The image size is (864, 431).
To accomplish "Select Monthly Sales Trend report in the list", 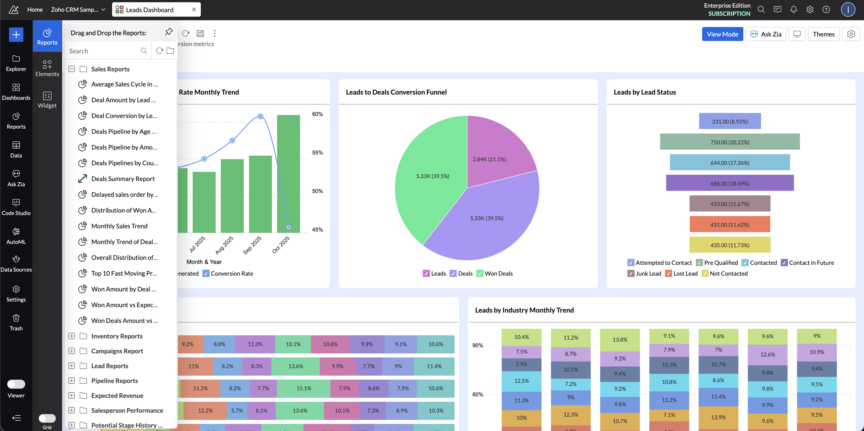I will [119, 226].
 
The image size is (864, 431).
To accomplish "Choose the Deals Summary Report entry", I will [123, 179].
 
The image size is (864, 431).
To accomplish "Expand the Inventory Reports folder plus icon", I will [71, 336].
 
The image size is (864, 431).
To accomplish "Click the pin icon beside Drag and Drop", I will [169, 32].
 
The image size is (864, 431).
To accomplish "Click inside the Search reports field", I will [104, 51].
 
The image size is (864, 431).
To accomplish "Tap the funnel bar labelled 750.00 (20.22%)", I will [730, 142].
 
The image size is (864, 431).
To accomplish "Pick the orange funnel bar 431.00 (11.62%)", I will [730, 224].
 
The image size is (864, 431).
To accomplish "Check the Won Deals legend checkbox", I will [480, 274].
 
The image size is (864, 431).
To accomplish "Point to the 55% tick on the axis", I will [317, 153].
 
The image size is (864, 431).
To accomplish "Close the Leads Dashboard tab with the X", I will [194, 10].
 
